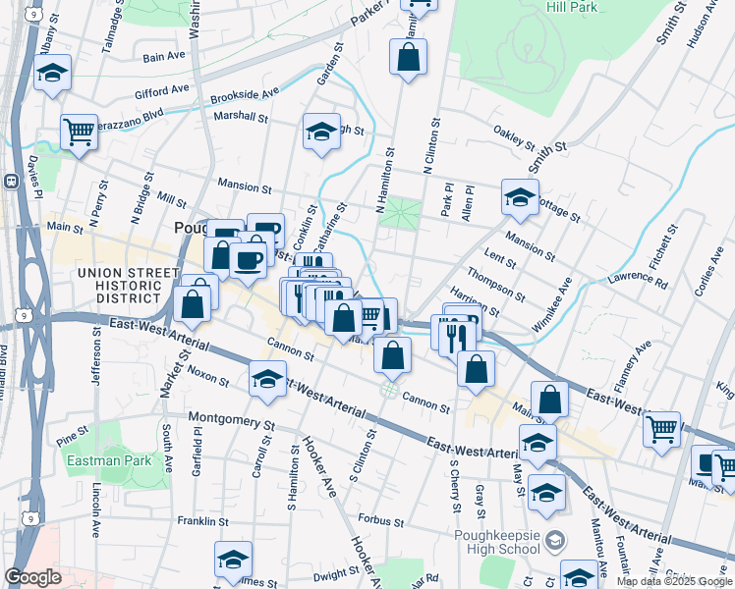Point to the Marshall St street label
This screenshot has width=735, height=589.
coord(241,117)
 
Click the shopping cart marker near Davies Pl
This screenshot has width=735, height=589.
coord(79,131)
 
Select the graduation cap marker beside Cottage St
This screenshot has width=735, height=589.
coord(520,196)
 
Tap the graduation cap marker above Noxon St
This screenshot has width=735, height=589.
coord(268,379)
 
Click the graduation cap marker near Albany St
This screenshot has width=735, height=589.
coord(52,72)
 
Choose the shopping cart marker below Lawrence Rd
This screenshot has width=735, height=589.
coord(662,427)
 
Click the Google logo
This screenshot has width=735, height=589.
coord(33,577)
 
